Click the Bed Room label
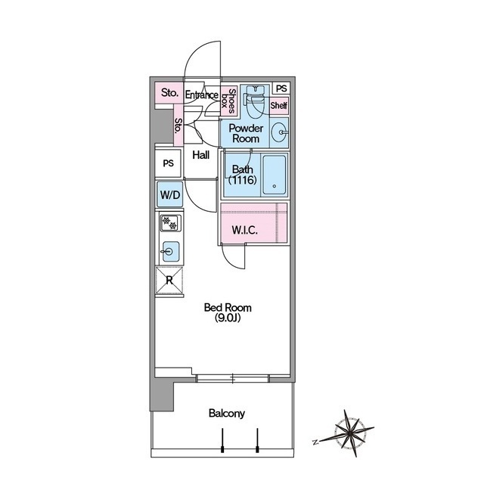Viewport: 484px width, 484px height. pyautogui.click(x=228, y=312)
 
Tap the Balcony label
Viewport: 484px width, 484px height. pyautogui.click(x=227, y=414)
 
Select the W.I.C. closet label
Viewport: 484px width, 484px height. pyautogui.click(x=245, y=230)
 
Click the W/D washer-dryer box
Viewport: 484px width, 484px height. pyautogui.click(x=170, y=194)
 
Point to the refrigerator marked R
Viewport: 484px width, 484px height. pyautogui.click(x=169, y=281)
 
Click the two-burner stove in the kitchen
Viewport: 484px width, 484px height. pyautogui.click(x=170, y=223)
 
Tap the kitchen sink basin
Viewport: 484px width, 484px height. pyautogui.click(x=170, y=252)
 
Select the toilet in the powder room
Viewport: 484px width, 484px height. pyautogui.click(x=255, y=99)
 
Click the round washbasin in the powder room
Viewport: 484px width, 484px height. pyautogui.click(x=280, y=132)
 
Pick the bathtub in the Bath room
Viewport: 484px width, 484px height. pyautogui.click(x=274, y=175)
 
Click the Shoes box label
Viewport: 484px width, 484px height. pyautogui.click(x=228, y=101)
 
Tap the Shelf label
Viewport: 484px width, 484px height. pyautogui.click(x=279, y=106)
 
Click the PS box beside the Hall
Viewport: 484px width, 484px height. pyautogui.click(x=168, y=163)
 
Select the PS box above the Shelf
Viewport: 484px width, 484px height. pyautogui.click(x=281, y=88)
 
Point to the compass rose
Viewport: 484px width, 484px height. pyautogui.click(x=351, y=433)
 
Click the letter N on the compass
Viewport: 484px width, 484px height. pyautogui.click(x=315, y=442)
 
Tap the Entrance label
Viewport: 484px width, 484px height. pyautogui.click(x=202, y=95)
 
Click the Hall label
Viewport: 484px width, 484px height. pyautogui.click(x=201, y=155)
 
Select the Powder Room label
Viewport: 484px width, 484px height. pyautogui.click(x=246, y=133)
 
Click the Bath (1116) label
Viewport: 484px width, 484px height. pyautogui.click(x=243, y=175)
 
